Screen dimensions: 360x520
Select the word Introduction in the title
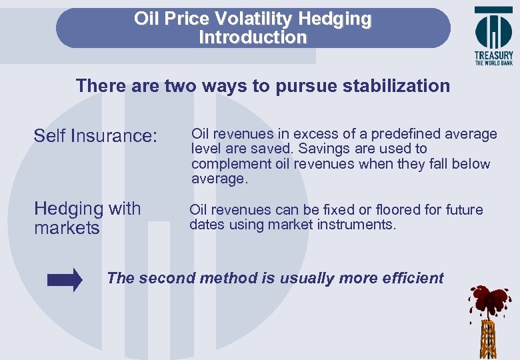tap(253, 37)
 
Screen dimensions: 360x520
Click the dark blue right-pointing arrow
tap(65, 279)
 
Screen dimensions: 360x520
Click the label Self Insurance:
tap(95, 136)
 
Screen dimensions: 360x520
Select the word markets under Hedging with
tap(67, 229)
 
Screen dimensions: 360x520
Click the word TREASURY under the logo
tap(493, 55)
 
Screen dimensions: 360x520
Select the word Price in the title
tap(189, 19)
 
